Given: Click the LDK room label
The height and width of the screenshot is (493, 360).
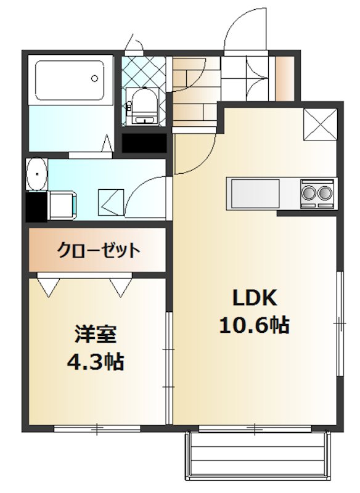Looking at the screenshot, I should point(255,298).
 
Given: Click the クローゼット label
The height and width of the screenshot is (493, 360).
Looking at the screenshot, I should point(98,251).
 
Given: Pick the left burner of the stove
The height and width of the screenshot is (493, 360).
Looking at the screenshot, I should point(307,193).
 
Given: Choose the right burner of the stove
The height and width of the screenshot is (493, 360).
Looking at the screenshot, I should point(325,193).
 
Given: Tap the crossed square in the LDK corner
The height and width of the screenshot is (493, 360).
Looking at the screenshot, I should point(321,124).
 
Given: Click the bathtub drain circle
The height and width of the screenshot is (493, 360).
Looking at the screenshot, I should point(94,78).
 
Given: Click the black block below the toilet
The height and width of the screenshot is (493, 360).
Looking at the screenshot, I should point(144,143).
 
